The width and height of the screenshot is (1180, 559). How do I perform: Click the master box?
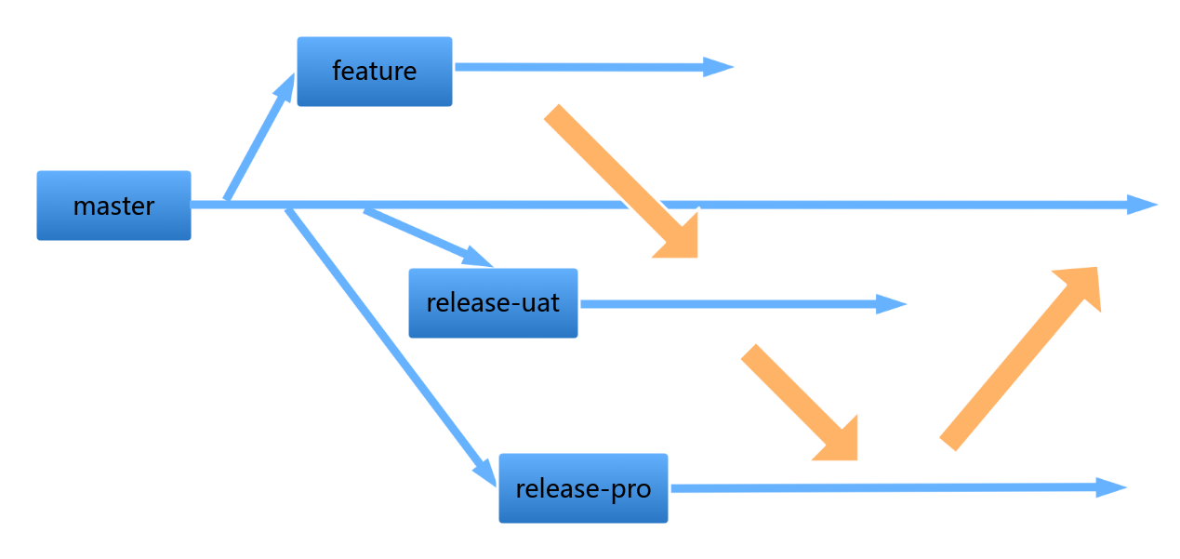pos(113,206)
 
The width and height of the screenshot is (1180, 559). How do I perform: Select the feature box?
pos(375,72)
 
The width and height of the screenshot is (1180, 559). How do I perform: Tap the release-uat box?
pos(493,303)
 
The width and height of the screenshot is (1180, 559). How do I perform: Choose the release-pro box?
pos(583,488)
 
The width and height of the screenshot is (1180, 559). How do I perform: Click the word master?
pos(113,206)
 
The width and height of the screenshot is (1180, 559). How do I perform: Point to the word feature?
pos(375,71)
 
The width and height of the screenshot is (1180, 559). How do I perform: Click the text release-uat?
pos(493,302)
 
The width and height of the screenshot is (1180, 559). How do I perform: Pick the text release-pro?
pos(583,489)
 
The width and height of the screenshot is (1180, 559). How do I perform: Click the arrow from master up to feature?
pos(259,137)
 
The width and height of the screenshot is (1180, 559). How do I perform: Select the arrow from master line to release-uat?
pos(429,238)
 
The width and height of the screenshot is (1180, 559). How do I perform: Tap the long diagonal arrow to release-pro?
pos(391,348)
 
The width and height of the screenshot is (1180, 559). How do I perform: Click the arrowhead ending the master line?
pos(1142,205)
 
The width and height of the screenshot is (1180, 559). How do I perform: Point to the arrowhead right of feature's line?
pos(719,67)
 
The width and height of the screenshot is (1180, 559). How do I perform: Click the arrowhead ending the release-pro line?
pos(1111,487)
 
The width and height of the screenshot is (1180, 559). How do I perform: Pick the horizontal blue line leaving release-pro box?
pos(898,488)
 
